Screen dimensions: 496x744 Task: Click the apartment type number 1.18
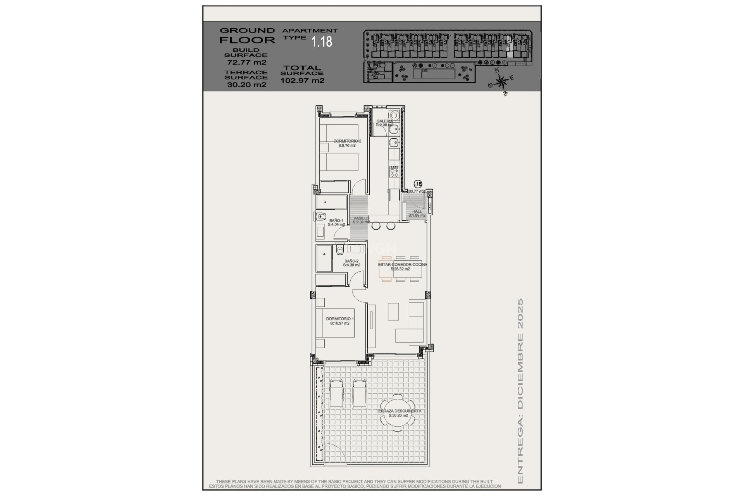pos(322,41)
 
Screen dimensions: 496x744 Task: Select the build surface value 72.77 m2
pos(246,62)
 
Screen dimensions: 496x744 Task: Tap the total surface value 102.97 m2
pos(302,81)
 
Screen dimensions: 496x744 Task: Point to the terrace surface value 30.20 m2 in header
pos(246,85)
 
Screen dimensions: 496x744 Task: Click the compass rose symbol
pos(502,82)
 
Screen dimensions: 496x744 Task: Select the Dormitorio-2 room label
pos(347,143)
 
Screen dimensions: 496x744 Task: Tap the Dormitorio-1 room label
pos(339,321)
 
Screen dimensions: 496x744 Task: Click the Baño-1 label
pos(336,222)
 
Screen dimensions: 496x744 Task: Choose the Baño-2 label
pos(351,263)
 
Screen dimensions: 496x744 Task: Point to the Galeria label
pos(384,123)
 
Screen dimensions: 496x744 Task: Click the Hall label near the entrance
pos(417,213)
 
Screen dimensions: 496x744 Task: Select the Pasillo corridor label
pos(361,220)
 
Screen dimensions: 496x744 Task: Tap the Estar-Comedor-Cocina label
pos(402,266)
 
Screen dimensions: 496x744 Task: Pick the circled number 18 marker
pos(418,184)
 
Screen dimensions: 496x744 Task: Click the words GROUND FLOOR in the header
pos(247,35)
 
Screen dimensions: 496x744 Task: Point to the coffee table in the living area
pos(393,311)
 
